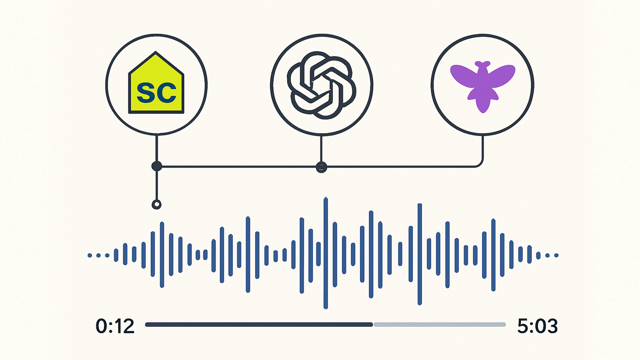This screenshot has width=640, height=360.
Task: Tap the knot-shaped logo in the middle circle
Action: pyautogui.click(x=321, y=85)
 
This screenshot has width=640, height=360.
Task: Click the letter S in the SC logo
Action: pyautogui.click(x=146, y=92)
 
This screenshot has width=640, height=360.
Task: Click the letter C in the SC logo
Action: pyautogui.click(x=166, y=92)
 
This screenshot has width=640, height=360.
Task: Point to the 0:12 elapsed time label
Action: pyautogui.click(x=115, y=326)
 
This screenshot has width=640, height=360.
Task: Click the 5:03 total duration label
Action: pyautogui.click(x=537, y=326)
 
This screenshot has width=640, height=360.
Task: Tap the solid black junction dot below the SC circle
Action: pyautogui.click(x=157, y=166)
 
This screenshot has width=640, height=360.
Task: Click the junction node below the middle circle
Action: pyautogui.click(x=321, y=167)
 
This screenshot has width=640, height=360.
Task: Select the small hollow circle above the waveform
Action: pyautogui.click(x=156, y=205)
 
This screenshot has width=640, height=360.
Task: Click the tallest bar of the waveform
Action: pyautogui.click(x=326, y=253)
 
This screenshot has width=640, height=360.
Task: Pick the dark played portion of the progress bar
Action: pyautogui.click(x=259, y=324)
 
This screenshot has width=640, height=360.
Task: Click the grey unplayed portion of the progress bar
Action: pyautogui.click(x=439, y=324)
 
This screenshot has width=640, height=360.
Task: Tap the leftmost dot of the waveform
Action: pyautogui.click(x=90, y=255)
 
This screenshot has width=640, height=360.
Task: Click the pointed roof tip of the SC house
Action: pyautogui.click(x=156, y=52)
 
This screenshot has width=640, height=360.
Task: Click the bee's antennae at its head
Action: pyautogui.click(x=483, y=63)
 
